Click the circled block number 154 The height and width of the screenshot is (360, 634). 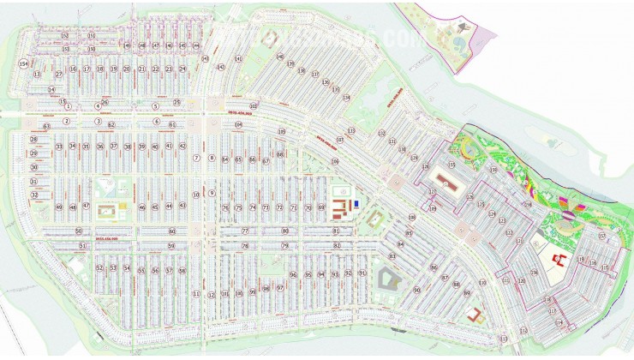click(24, 64)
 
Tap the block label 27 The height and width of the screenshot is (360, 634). click(59, 75)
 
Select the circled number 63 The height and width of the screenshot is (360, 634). click(46, 126)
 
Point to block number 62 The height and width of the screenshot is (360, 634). click(111, 125)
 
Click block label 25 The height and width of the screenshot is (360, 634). click(176, 102)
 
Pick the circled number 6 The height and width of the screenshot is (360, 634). click(157, 122)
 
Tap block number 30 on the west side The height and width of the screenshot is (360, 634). click(34, 167)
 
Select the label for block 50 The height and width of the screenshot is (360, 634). click(78, 231)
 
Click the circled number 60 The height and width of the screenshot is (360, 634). click(171, 231)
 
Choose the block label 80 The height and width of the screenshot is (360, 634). click(285, 231)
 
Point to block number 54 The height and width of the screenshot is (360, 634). click(127, 269)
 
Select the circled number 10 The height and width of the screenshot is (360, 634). click(196, 195)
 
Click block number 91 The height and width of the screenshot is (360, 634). click(362, 273)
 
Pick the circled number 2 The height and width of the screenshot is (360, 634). click(65, 121)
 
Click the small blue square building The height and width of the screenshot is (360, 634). click(356, 203)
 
